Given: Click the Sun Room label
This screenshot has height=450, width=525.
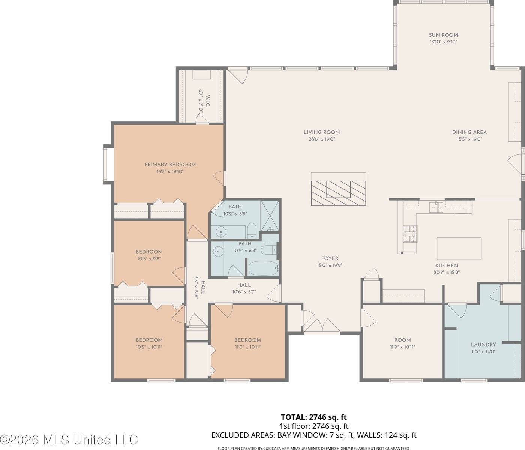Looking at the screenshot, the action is pos(443,35).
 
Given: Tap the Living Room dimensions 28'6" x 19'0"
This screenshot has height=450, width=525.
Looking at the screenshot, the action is pos(322,139).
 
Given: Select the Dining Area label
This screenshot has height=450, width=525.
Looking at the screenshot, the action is pos(469,132).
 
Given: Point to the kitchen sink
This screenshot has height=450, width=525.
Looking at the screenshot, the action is pos(436,207).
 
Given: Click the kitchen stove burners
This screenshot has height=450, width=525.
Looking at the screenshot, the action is pos(410,234).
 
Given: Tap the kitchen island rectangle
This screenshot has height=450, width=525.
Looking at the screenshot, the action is pos(459,248).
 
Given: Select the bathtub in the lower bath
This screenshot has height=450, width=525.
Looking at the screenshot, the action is pos(263,268).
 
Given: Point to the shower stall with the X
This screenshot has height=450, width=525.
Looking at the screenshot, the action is pos(270,216).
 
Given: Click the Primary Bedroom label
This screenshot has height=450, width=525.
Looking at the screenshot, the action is pos(170,165).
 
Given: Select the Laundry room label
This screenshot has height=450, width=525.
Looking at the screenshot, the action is pos(483,345).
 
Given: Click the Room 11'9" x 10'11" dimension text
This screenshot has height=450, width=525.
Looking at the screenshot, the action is pos(402,347).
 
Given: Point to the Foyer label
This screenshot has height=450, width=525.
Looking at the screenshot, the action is pos(330,258).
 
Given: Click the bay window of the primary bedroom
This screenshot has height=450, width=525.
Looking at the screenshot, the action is pos(106,164).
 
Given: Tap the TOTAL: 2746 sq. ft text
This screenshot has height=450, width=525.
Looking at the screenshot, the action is pos(314,417).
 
